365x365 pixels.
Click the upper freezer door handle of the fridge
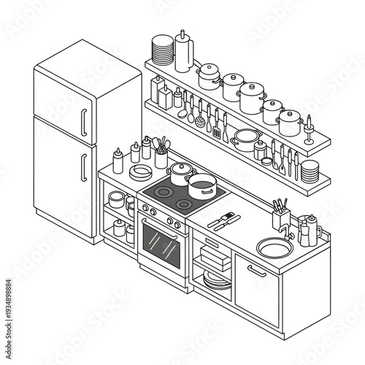[83, 118]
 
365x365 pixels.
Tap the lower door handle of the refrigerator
[83, 162]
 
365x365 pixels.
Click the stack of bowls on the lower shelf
[310, 172]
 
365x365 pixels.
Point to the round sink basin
[273, 249]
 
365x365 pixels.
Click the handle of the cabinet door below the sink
[256, 271]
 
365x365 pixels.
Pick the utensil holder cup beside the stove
[161, 156]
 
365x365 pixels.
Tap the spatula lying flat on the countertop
[220, 220]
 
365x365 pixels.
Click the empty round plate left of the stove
[140, 172]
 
